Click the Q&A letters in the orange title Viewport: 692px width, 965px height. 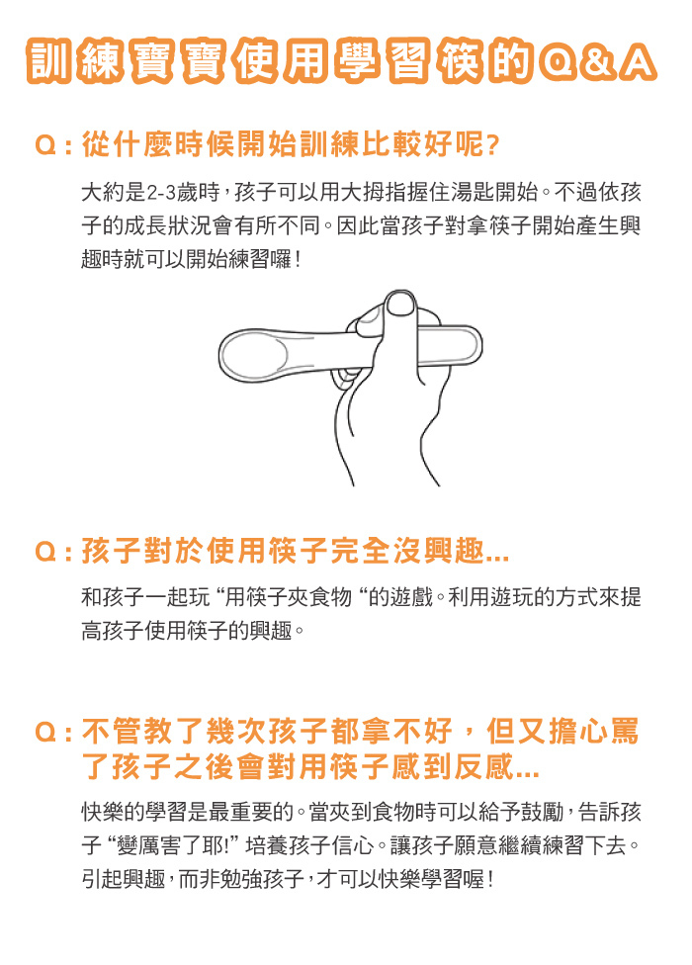point(597,62)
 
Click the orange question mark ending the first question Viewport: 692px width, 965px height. point(492,145)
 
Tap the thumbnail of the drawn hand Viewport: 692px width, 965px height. point(400,304)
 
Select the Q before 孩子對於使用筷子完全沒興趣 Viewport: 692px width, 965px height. point(45,552)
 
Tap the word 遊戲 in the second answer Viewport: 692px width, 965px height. point(411,597)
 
